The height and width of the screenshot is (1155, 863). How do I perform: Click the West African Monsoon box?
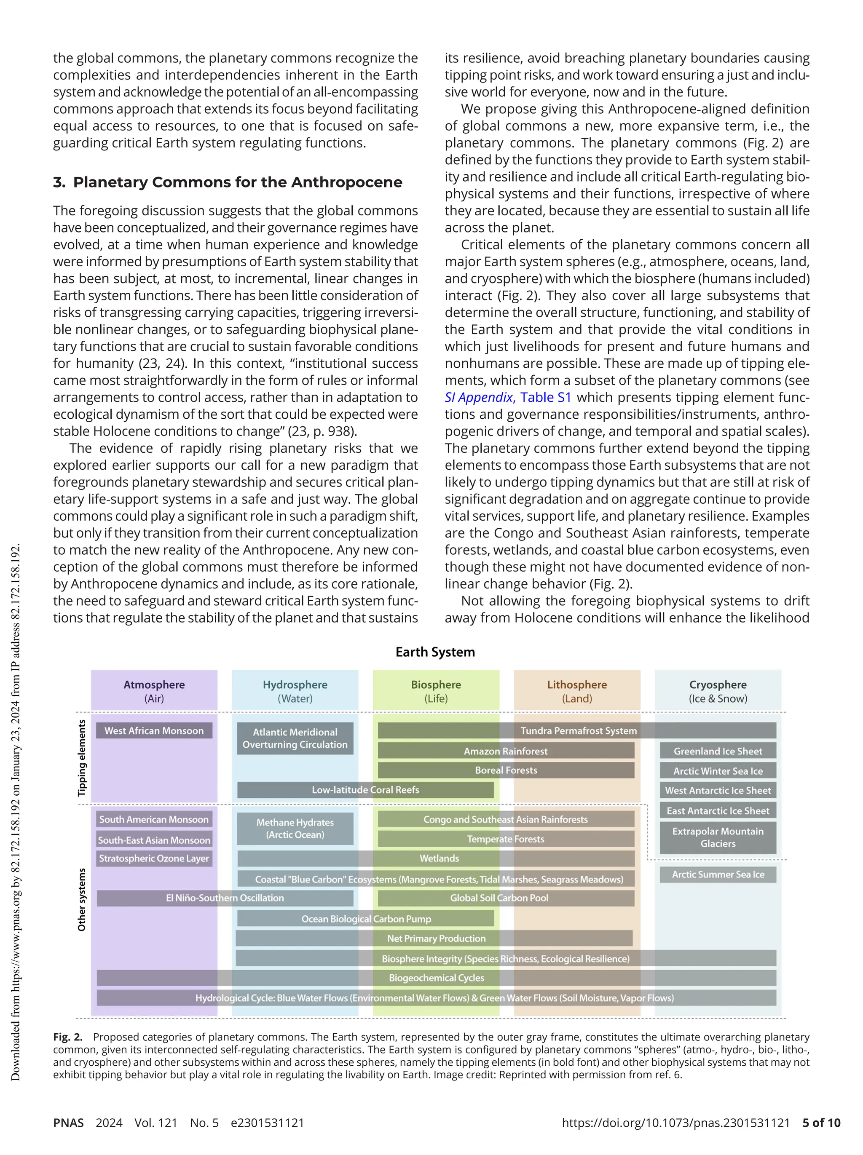tap(154, 730)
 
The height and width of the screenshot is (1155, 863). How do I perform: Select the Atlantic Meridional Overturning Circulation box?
tap(295, 738)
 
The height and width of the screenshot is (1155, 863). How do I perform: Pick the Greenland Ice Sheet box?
tap(718, 751)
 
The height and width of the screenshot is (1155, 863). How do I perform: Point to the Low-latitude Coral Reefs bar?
tap(365, 789)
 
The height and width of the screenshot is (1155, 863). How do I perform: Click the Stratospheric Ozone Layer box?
tap(154, 858)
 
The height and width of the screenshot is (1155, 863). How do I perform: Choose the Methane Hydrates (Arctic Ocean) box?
tap(295, 828)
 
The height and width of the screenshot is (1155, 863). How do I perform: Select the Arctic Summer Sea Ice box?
tap(718, 874)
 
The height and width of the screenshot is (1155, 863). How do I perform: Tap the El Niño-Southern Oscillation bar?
tap(225, 898)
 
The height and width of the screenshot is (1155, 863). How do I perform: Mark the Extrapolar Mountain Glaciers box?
tap(718, 837)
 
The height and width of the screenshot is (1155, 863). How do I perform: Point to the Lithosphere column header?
tap(577, 690)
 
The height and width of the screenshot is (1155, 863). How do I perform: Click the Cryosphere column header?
tap(718, 690)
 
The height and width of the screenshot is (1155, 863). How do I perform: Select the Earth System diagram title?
tap(435, 652)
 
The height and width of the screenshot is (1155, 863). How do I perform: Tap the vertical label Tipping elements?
tap(81, 758)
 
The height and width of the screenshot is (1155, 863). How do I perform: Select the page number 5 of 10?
tap(821, 1123)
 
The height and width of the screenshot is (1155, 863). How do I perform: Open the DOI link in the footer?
tap(676, 1123)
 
